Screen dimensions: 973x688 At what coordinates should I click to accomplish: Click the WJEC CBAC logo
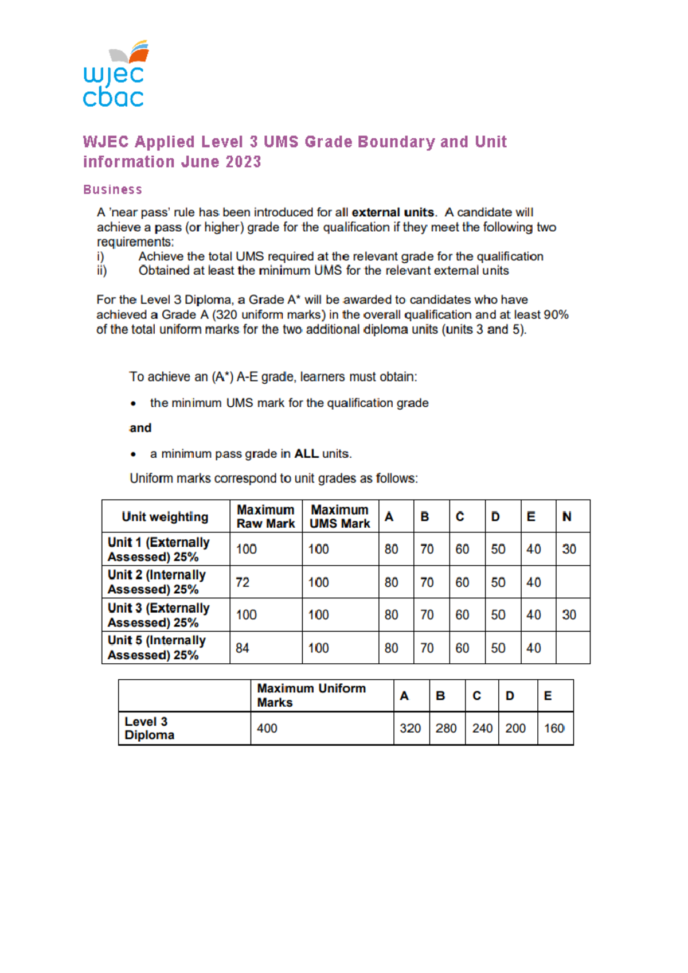115,75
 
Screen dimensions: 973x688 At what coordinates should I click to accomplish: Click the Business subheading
112,189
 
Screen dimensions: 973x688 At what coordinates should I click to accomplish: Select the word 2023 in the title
243,162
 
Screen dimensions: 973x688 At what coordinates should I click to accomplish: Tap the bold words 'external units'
392,212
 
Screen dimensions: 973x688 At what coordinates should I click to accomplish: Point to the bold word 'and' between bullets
140,428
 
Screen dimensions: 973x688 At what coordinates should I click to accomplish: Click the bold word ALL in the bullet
306,454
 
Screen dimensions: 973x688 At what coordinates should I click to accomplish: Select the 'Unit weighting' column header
165,516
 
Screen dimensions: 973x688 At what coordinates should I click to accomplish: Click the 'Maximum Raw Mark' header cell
265,516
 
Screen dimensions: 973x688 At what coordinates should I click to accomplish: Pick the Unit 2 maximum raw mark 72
243,582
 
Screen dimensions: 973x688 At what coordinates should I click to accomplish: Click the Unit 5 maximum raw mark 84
243,648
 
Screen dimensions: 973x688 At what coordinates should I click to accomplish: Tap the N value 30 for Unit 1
569,549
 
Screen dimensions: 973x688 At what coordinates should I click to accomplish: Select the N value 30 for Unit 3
569,614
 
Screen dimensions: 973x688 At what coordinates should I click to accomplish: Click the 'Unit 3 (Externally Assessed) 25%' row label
159,615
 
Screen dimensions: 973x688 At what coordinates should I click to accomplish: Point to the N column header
566,516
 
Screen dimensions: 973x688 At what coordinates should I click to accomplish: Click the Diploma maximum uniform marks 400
267,728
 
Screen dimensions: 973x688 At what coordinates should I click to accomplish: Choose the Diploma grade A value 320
411,728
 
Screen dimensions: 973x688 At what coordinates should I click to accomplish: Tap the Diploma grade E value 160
554,728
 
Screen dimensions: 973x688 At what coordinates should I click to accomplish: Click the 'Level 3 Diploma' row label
149,728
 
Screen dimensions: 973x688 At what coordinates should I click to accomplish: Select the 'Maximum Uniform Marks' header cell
311,695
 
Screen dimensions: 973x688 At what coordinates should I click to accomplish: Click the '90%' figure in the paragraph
556,314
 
